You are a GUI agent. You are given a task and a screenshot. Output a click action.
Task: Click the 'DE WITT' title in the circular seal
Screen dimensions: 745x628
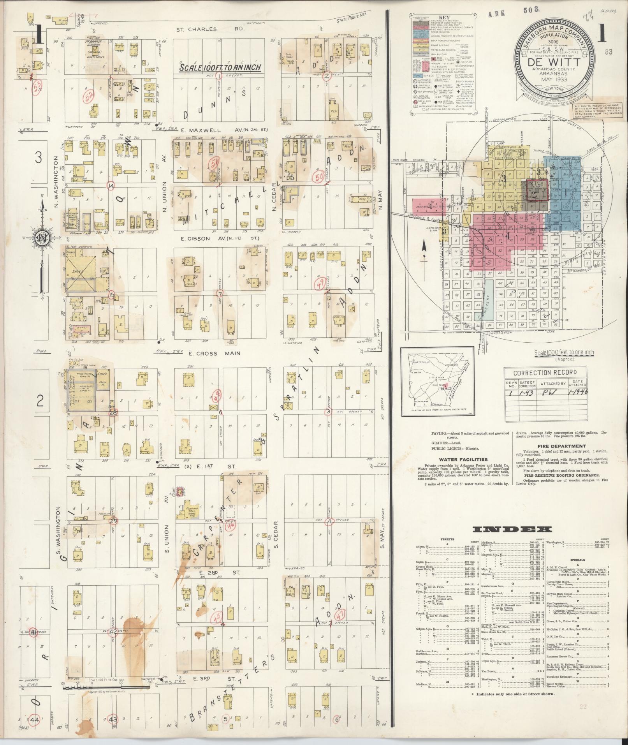pyautogui.click(x=554, y=62)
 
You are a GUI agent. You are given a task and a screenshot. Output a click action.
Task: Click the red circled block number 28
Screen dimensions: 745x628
pyautogui.click(x=113, y=412)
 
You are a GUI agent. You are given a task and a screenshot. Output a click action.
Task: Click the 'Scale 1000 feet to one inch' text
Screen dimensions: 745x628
pyautogui.click(x=564, y=352)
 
